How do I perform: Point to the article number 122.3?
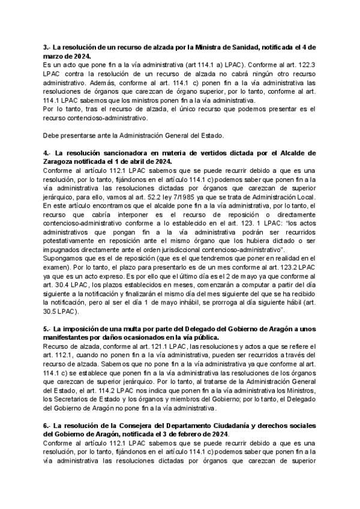pos(310,62)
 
